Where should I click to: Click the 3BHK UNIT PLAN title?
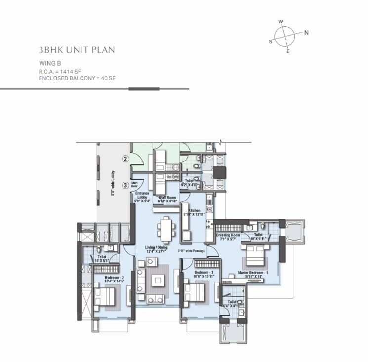[x=76, y=50]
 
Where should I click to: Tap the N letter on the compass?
[x=306, y=33]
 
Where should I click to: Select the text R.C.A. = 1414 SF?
[x=61, y=72]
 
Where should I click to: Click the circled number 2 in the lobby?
[x=126, y=159]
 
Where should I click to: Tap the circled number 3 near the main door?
[x=126, y=185]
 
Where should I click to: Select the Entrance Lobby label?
[x=142, y=197]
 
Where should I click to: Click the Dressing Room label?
[x=228, y=237]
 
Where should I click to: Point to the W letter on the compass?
[x=280, y=22]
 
